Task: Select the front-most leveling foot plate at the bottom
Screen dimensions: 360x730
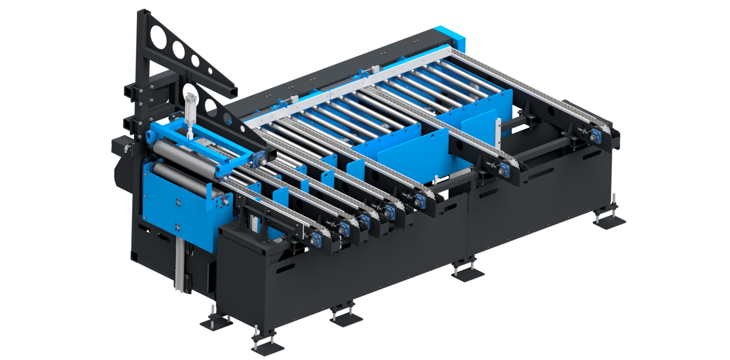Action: click(x=268, y=346)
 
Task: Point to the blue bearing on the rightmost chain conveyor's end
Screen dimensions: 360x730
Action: click(x=599, y=132)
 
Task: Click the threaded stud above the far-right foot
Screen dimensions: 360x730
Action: click(x=613, y=201)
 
